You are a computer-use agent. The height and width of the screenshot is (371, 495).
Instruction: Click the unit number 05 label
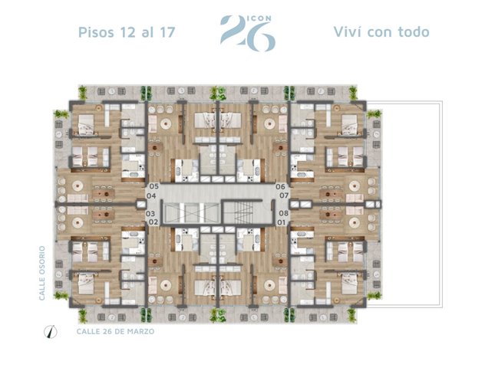tap(154, 186)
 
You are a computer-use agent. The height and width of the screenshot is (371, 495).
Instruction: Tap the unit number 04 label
tap(151, 196)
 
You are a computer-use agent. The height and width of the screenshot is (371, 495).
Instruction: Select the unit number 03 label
tap(150, 214)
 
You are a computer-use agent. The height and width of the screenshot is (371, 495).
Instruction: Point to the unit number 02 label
tap(153, 222)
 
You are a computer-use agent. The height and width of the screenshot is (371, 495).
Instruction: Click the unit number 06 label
tap(280, 186)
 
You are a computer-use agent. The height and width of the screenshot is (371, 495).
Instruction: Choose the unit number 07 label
tap(284, 195)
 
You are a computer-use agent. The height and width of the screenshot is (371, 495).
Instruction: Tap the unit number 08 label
tap(283, 213)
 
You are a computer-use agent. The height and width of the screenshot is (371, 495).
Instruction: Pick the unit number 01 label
tap(282, 223)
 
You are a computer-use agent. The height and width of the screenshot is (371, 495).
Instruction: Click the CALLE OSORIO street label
tap(42, 273)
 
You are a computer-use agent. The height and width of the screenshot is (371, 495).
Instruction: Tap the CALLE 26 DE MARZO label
tap(116, 331)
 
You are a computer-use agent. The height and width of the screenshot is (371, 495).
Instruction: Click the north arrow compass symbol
tap(51, 332)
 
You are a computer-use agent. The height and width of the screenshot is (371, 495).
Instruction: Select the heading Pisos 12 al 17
tap(127, 32)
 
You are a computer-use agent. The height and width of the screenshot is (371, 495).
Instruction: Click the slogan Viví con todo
tap(381, 32)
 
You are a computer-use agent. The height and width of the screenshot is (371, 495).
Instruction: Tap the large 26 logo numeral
tap(248, 34)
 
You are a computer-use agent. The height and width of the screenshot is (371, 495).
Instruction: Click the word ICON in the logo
tap(259, 18)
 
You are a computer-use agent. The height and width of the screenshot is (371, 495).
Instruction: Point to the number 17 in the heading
tap(167, 32)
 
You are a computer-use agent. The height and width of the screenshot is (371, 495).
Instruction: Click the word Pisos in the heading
tap(96, 32)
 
